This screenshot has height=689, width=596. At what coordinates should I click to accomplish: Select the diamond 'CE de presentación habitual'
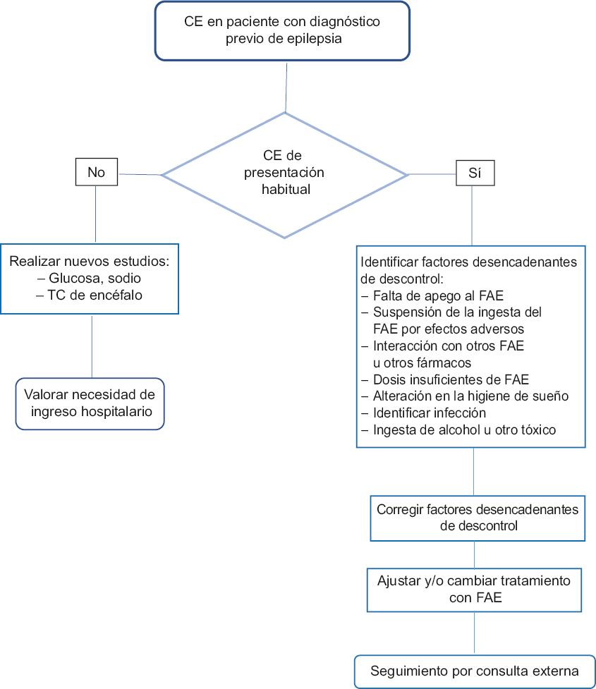[x=284, y=173]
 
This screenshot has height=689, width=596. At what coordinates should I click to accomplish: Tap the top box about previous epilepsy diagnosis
[x=282, y=30]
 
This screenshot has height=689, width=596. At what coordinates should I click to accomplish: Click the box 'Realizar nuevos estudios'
[x=90, y=278]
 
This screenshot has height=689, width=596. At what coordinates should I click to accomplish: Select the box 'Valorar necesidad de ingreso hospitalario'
[x=90, y=403]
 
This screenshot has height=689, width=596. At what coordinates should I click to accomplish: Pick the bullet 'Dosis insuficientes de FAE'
[x=444, y=379]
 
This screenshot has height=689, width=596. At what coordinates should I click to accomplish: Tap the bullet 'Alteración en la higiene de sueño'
[x=464, y=396]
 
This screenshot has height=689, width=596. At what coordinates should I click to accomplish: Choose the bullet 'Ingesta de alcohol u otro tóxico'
[x=458, y=429]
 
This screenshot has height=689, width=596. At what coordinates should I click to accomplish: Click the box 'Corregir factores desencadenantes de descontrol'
[x=477, y=517]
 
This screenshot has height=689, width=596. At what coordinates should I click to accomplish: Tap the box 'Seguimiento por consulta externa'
[x=474, y=671]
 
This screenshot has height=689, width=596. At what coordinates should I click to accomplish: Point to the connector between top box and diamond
[x=285, y=86]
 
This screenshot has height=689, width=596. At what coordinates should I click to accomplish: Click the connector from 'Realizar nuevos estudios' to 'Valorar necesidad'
[x=92, y=346]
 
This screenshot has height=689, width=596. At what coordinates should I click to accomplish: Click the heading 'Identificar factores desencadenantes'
[x=468, y=262]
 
